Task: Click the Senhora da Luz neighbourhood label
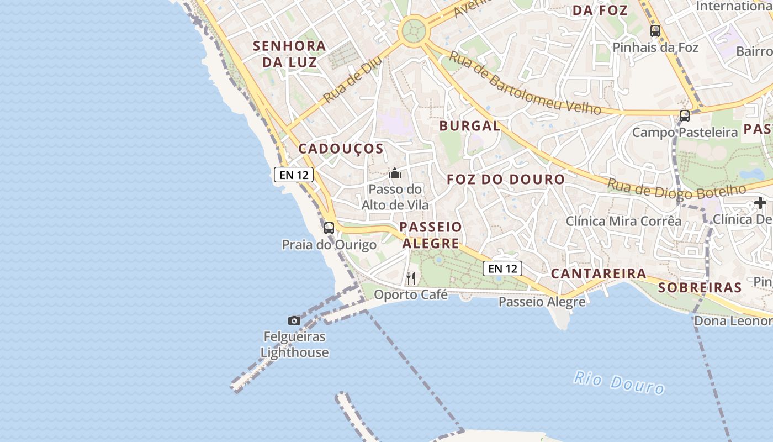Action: click(x=289, y=54)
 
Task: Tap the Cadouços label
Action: click(x=341, y=149)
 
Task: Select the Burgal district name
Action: click(x=470, y=126)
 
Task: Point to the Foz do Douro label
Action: click(x=506, y=180)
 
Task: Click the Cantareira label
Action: click(x=599, y=273)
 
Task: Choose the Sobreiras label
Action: click(x=700, y=287)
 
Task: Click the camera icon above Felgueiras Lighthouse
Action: click(x=294, y=320)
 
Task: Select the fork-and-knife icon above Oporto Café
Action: click(x=411, y=278)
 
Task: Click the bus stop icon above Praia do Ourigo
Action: click(x=329, y=228)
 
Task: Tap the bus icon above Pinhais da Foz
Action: click(x=655, y=31)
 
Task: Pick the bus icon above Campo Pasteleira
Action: click(x=685, y=116)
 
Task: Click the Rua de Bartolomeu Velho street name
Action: click(x=524, y=83)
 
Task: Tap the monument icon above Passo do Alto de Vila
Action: click(x=395, y=173)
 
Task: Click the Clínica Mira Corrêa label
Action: click(x=623, y=222)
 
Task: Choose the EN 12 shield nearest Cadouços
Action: click(x=294, y=175)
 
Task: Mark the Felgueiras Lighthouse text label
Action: click(x=294, y=344)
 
